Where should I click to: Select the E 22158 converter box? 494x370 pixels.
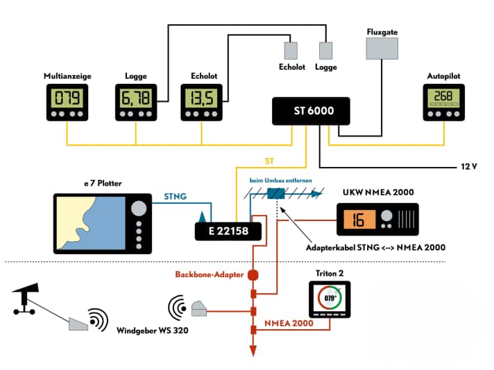click(x=228, y=230)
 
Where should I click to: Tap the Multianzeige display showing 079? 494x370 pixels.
click(x=67, y=98)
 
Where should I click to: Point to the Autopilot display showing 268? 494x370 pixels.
click(x=443, y=98)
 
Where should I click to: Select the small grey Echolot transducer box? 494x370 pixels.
click(x=290, y=51)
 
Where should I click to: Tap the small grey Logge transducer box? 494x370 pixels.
click(x=325, y=51)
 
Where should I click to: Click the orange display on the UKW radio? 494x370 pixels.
click(x=357, y=220)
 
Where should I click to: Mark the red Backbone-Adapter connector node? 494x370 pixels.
click(x=253, y=275)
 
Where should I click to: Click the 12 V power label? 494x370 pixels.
click(x=470, y=167)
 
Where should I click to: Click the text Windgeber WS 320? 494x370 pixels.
click(x=151, y=330)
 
